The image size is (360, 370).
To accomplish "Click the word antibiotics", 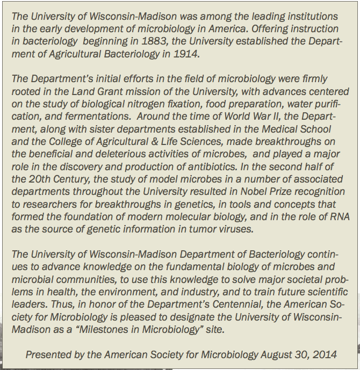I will pos(196,168).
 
